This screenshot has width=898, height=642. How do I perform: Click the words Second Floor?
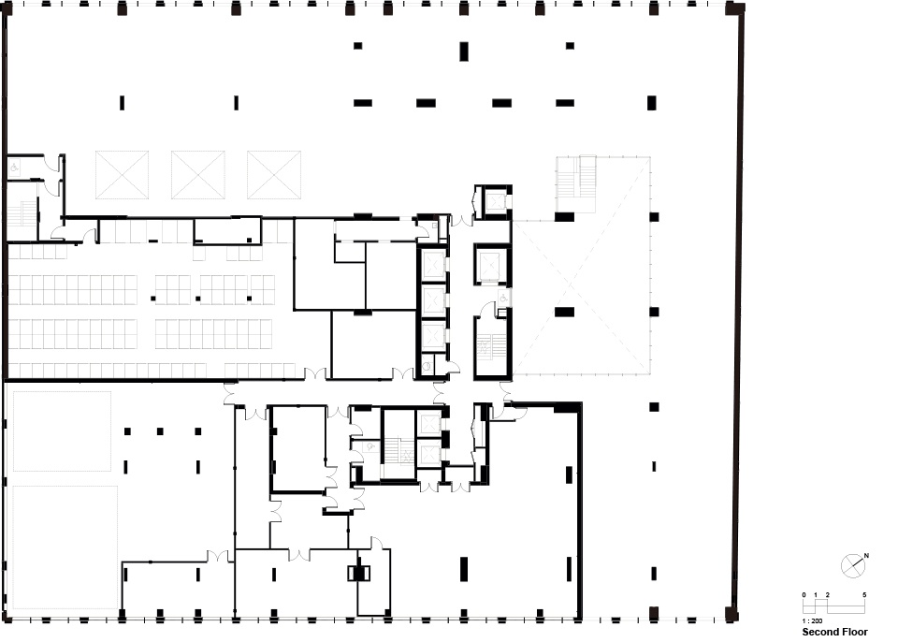point(834,632)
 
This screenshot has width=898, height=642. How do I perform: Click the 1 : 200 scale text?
point(812,620)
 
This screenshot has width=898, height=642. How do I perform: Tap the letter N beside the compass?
point(866,556)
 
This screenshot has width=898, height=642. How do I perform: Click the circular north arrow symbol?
point(852,566)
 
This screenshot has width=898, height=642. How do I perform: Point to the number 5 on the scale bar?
point(864,595)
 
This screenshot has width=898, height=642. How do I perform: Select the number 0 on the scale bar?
point(804,595)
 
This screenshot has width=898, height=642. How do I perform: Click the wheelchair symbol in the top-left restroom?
point(14,168)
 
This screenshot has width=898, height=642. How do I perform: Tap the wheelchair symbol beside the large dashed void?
point(503,298)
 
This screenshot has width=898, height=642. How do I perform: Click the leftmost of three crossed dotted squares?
point(122,175)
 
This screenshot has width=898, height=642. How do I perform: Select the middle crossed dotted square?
point(197,175)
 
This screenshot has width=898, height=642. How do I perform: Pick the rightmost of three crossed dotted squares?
point(274,175)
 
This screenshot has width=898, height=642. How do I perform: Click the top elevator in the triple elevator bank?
point(433,266)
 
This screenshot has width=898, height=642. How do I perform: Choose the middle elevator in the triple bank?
point(433,299)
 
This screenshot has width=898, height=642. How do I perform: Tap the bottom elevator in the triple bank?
point(433,335)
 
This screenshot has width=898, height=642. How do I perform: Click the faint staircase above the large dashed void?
point(576,175)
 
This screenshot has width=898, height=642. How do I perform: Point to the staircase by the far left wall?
point(22,213)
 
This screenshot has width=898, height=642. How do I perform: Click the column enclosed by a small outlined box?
point(358,573)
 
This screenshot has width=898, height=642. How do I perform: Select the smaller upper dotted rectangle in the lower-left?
point(62,431)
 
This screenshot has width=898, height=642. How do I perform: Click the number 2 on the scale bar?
point(828,595)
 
